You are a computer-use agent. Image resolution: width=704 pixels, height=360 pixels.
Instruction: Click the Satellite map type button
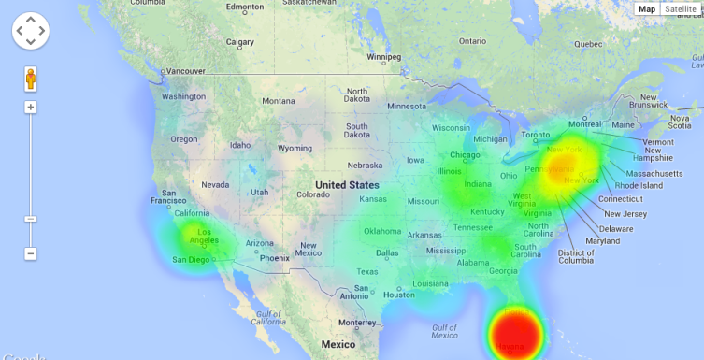click(681, 9)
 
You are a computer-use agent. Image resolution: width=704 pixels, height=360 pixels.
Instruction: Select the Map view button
click(647, 9)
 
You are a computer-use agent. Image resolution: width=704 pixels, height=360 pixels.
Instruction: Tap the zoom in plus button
click(31, 108)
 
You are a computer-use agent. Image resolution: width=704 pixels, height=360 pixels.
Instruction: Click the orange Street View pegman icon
click(31, 79)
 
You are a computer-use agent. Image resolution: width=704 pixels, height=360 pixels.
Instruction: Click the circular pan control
click(31, 31)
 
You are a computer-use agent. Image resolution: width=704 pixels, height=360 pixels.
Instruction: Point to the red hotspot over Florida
click(517, 334)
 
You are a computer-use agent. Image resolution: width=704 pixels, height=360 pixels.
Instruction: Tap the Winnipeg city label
click(382, 57)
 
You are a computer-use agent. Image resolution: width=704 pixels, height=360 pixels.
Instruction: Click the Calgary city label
click(240, 42)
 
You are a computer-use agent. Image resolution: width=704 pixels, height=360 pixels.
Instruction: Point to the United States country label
click(347, 185)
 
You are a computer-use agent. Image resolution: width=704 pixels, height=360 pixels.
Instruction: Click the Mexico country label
click(338, 344)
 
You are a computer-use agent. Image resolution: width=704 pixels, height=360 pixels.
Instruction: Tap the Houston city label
click(398, 295)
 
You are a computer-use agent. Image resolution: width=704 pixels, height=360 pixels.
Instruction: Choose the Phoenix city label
click(275, 258)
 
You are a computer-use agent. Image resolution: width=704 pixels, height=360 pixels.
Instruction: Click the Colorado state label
click(312, 194)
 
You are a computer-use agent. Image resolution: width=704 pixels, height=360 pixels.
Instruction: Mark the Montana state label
click(278, 101)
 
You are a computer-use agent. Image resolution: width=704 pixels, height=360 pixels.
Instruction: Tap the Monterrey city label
click(356, 323)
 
